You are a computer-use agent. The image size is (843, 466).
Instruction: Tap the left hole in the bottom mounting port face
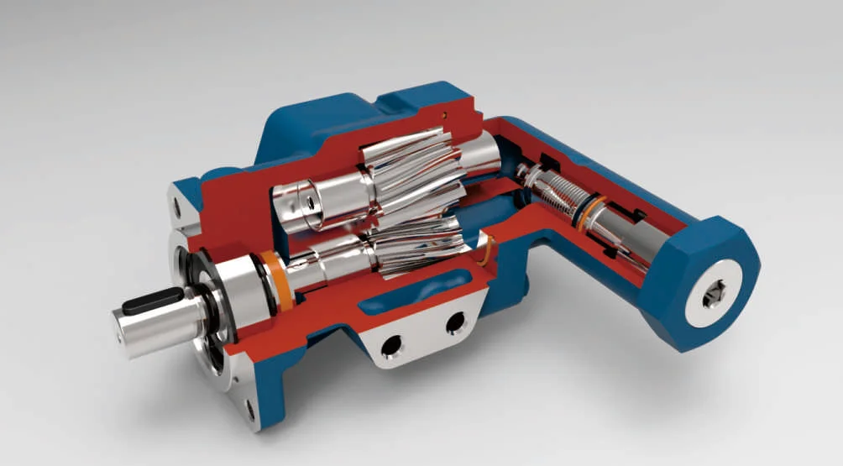(390, 345)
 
